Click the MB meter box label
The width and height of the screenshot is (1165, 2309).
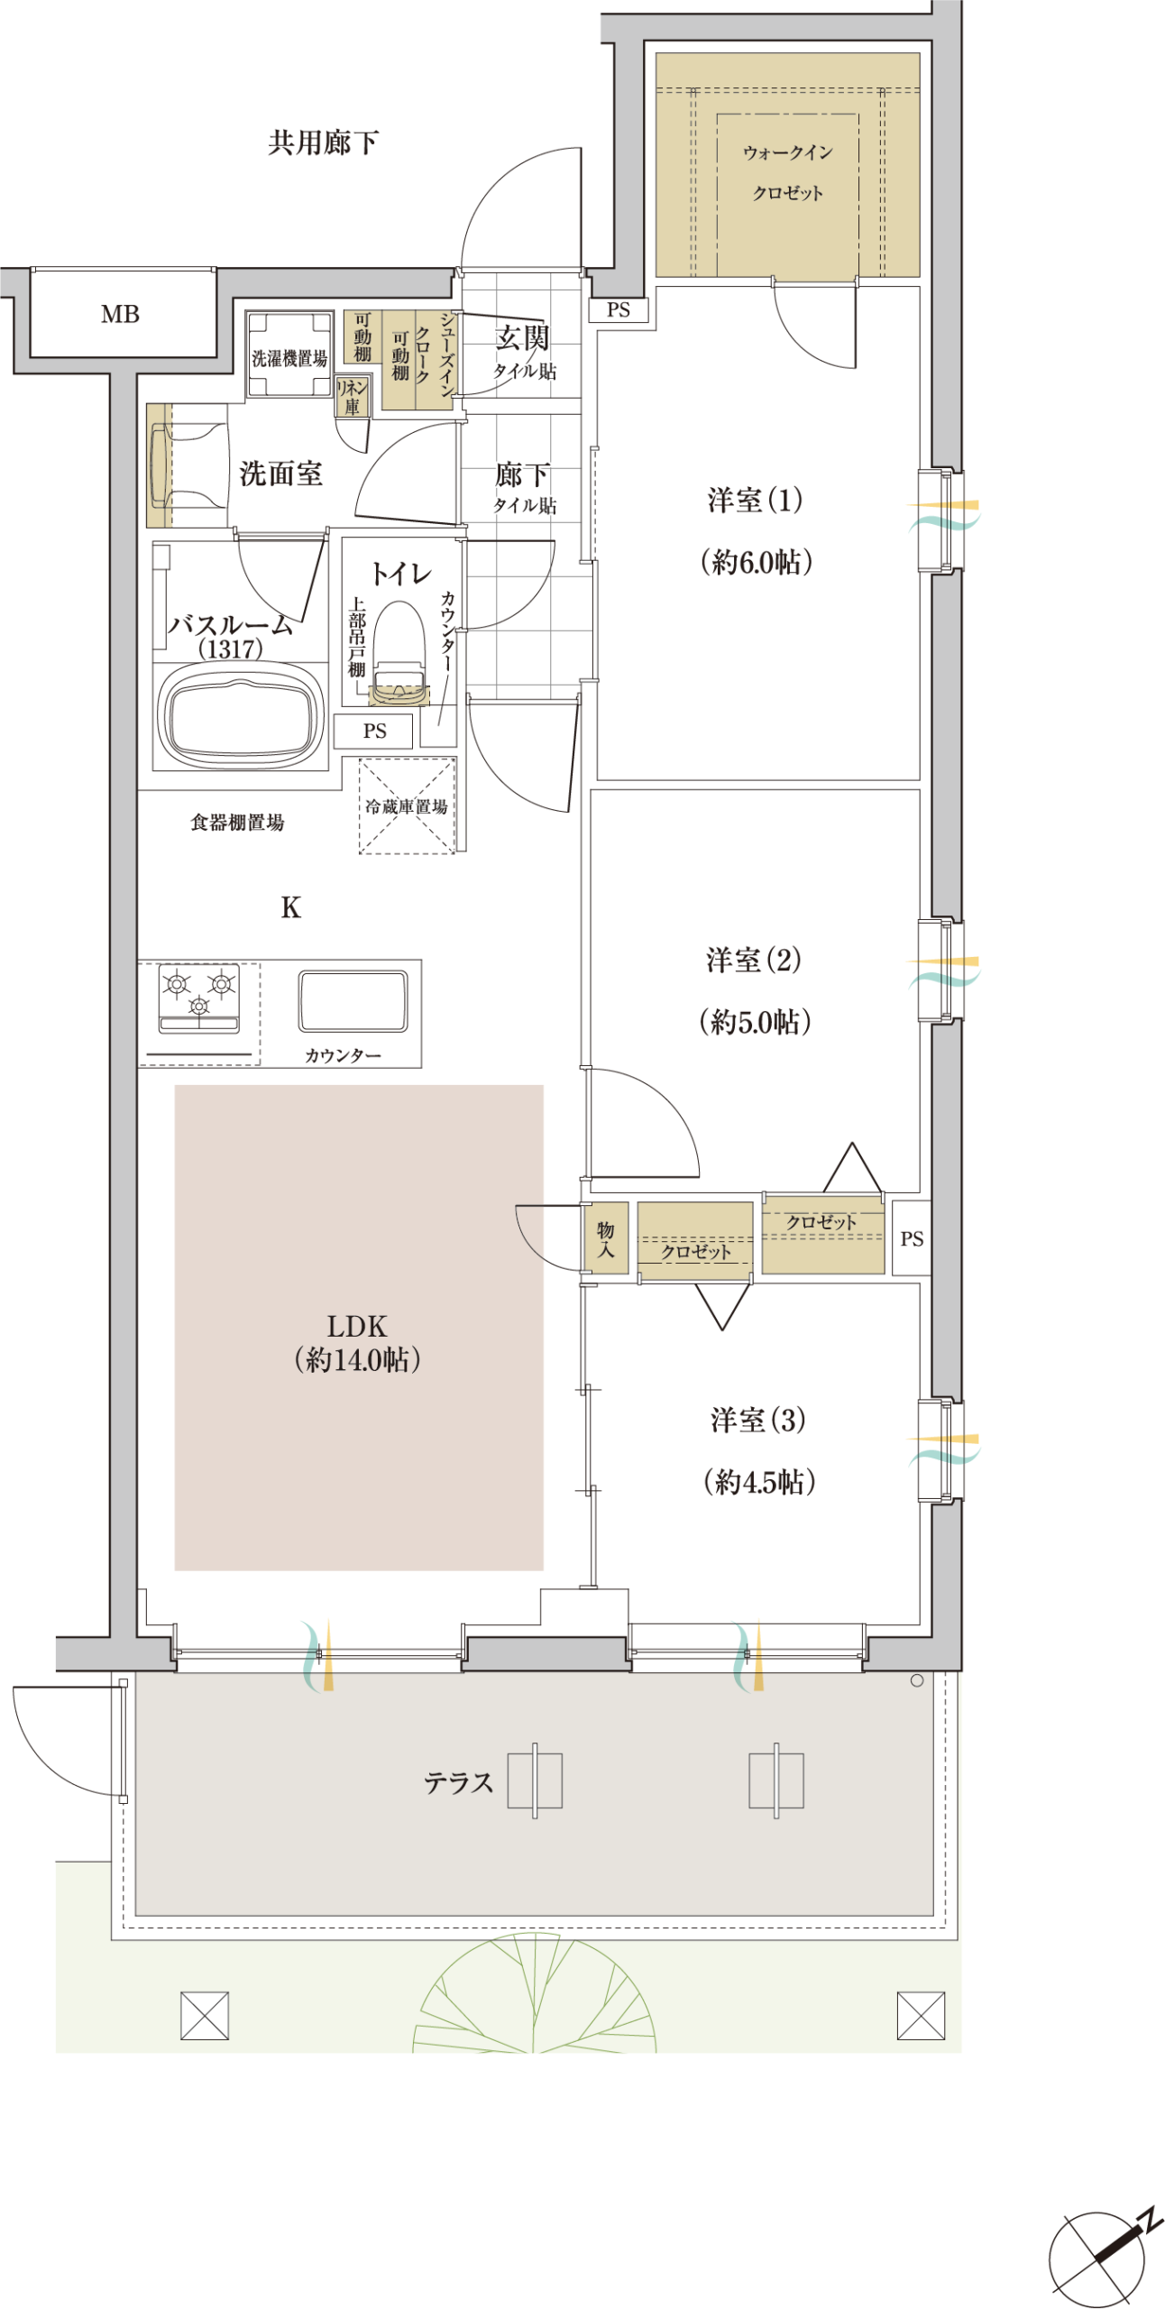[x=120, y=314]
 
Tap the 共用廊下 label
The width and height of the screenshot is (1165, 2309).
[x=323, y=143]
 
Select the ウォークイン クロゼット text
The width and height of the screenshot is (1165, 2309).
[x=788, y=172]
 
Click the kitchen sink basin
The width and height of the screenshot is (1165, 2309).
[x=353, y=1000]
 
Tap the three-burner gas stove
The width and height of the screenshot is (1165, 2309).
[x=199, y=998]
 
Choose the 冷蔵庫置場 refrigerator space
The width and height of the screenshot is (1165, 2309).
[x=407, y=805]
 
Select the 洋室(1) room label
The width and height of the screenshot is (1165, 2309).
[x=755, y=500]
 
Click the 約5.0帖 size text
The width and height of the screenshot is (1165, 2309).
[x=756, y=1021]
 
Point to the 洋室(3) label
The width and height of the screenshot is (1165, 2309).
[x=758, y=1420]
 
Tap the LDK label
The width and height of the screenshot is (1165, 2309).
[x=357, y=1326]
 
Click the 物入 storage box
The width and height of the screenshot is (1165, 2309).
[x=605, y=1237]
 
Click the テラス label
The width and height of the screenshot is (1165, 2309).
[x=458, y=1782]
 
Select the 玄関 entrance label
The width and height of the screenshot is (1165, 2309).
[x=522, y=338]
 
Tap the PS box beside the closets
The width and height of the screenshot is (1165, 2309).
[x=912, y=1237]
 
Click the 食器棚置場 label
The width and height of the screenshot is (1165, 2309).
[x=237, y=822]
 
